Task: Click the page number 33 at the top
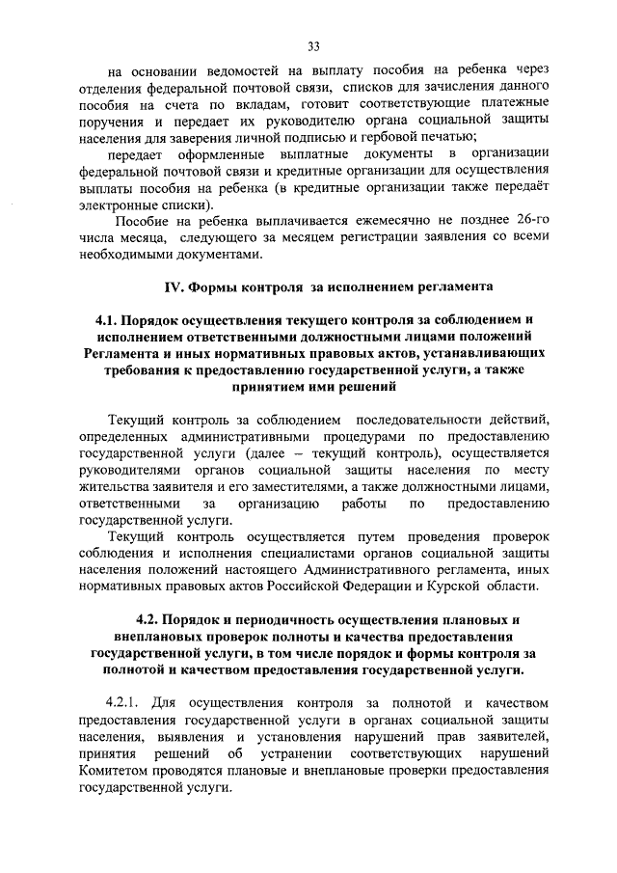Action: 313,45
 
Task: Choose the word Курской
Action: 481,587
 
